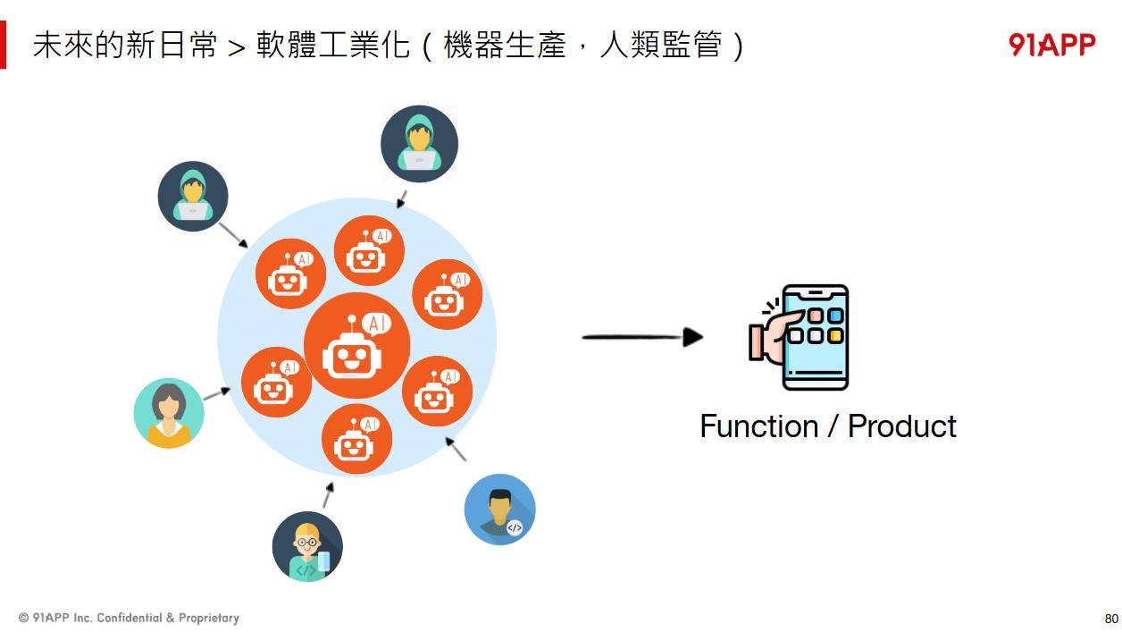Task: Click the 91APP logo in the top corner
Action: pos(1051,45)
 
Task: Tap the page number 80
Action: pos(1111,619)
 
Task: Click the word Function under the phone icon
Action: pos(758,426)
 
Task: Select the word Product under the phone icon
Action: pos(901,426)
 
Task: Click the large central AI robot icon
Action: pos(356,345)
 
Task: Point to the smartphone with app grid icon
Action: pos(814,337)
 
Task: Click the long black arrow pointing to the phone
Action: pos(642,337)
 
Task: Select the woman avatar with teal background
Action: pos(169,413)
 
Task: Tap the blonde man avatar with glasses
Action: pos(307,546)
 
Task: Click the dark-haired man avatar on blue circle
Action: pos(499,510)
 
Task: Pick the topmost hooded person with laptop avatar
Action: pos(419,144)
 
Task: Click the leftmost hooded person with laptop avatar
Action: pos(193,196)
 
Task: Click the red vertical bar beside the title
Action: pos(4,45)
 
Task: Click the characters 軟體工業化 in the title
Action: pos(332,46)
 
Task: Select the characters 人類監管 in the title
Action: pos(659,46)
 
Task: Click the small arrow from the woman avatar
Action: pos(216,393)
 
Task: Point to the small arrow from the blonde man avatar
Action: pos(328,495)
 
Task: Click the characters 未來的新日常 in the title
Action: pos(124,46)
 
